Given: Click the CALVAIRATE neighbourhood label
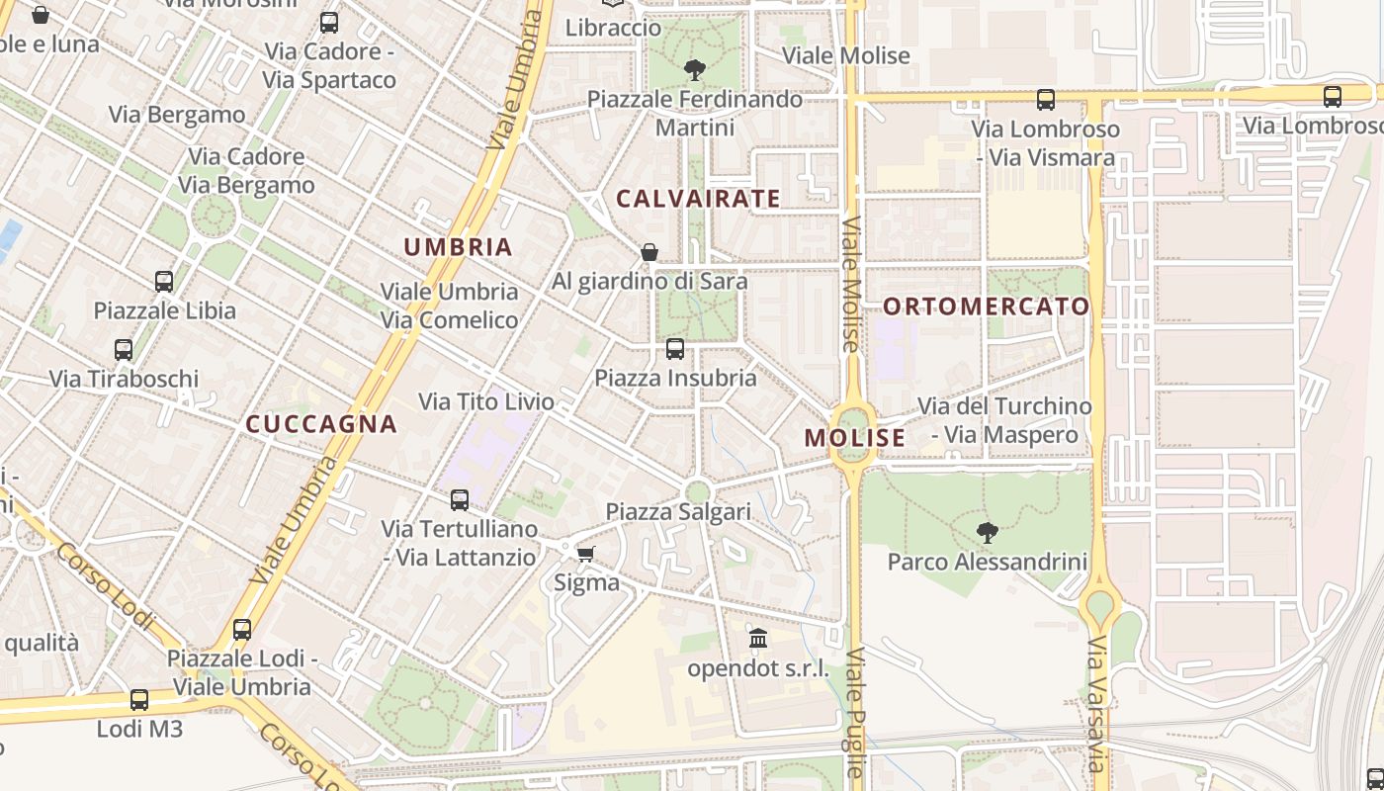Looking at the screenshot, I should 698,199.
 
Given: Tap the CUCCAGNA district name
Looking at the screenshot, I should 321,424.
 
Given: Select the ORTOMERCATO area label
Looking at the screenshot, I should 986,307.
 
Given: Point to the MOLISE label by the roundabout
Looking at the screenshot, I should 855,438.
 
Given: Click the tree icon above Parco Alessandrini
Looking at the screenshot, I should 987,533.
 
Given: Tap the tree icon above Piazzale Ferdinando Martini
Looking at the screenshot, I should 695,70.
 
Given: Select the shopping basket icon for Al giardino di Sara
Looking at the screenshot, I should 649,252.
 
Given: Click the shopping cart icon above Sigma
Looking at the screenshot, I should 586,554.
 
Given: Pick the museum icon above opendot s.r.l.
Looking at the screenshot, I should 758,639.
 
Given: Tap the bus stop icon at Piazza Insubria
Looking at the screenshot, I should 675,348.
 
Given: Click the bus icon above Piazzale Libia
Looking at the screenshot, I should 164,282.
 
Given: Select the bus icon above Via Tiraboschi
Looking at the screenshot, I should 124,350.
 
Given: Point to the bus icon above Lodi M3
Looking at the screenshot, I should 139,700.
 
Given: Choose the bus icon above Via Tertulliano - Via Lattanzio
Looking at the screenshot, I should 460,500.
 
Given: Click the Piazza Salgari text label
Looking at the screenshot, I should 678,512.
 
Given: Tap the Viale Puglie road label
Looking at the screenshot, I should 855,712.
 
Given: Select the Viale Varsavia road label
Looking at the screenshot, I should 1096,704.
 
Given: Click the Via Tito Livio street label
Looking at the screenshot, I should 486,401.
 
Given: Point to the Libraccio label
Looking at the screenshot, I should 613,28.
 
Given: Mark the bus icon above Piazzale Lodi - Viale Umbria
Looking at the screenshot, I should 242,630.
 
